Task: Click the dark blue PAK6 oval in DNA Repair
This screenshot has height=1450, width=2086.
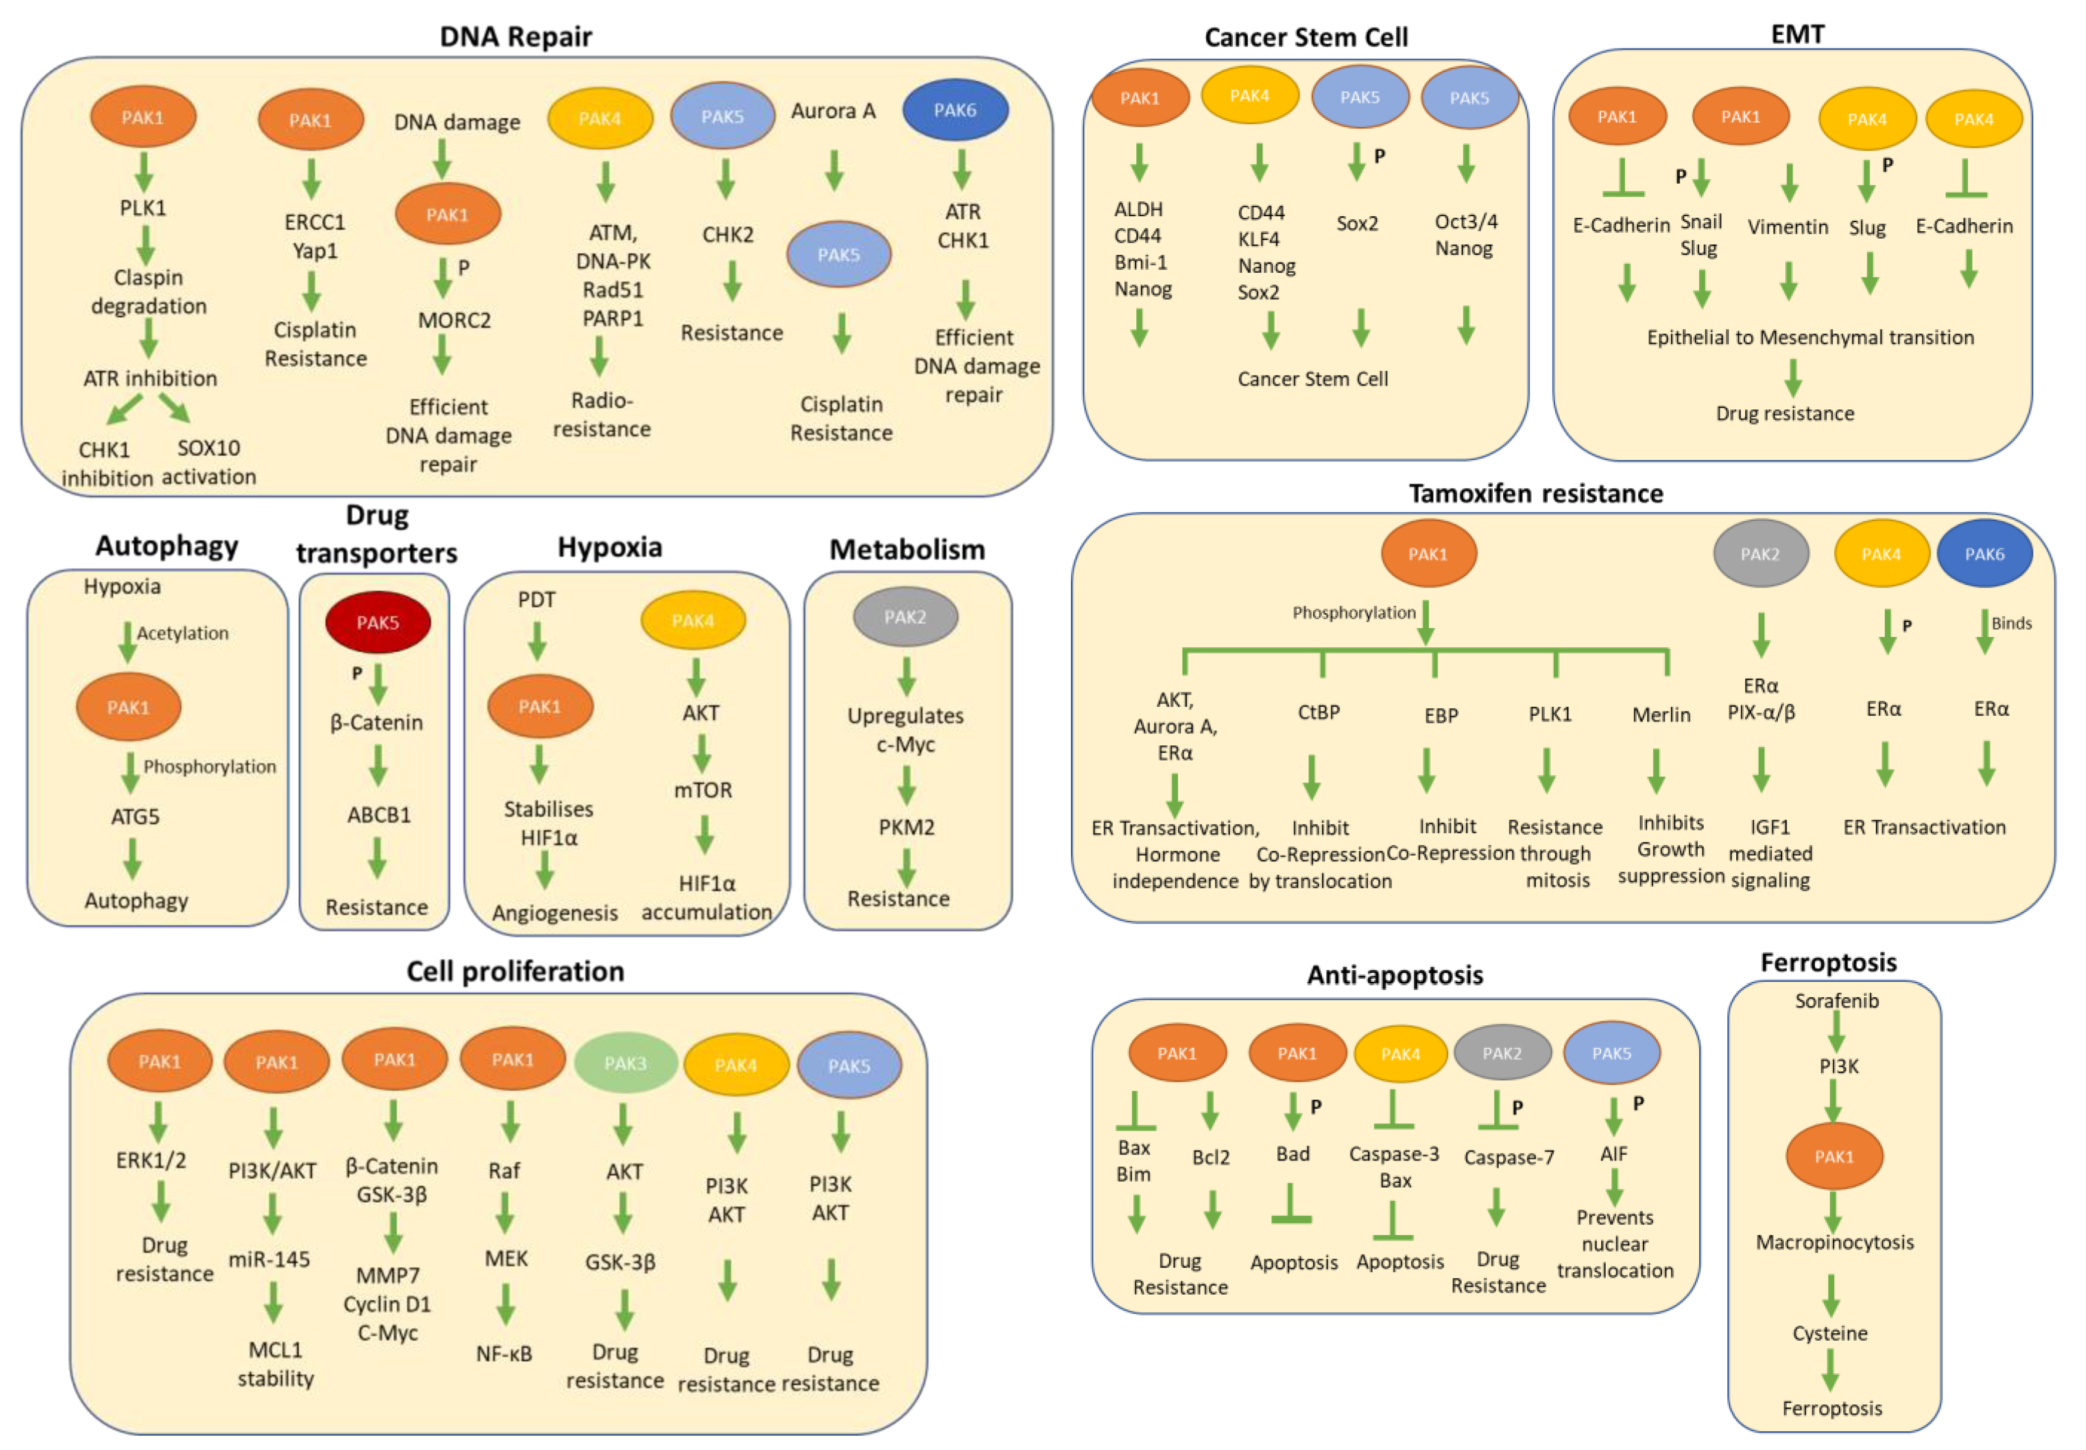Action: point(955,110)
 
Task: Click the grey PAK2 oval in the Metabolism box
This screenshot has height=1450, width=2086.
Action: point(905,617)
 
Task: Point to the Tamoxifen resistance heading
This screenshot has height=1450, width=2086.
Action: point(1535,493)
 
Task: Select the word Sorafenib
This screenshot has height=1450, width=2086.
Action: point(1836,1000)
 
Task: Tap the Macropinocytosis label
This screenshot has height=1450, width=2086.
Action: point(1834,1242)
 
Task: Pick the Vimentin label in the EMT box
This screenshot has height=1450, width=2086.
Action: point(1787,227)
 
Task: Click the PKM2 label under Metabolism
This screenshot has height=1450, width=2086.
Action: point(905,827)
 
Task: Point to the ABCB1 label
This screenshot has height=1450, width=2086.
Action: point(379,815)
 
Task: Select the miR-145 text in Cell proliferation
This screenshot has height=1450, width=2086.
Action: point(269,1259)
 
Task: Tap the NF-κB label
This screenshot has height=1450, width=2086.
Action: point(504,1353)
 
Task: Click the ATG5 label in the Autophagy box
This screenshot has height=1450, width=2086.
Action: point(135,817)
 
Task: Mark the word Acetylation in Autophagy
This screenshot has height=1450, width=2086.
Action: point(183,633)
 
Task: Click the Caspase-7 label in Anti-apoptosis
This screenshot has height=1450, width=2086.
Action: point(1508,1158)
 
